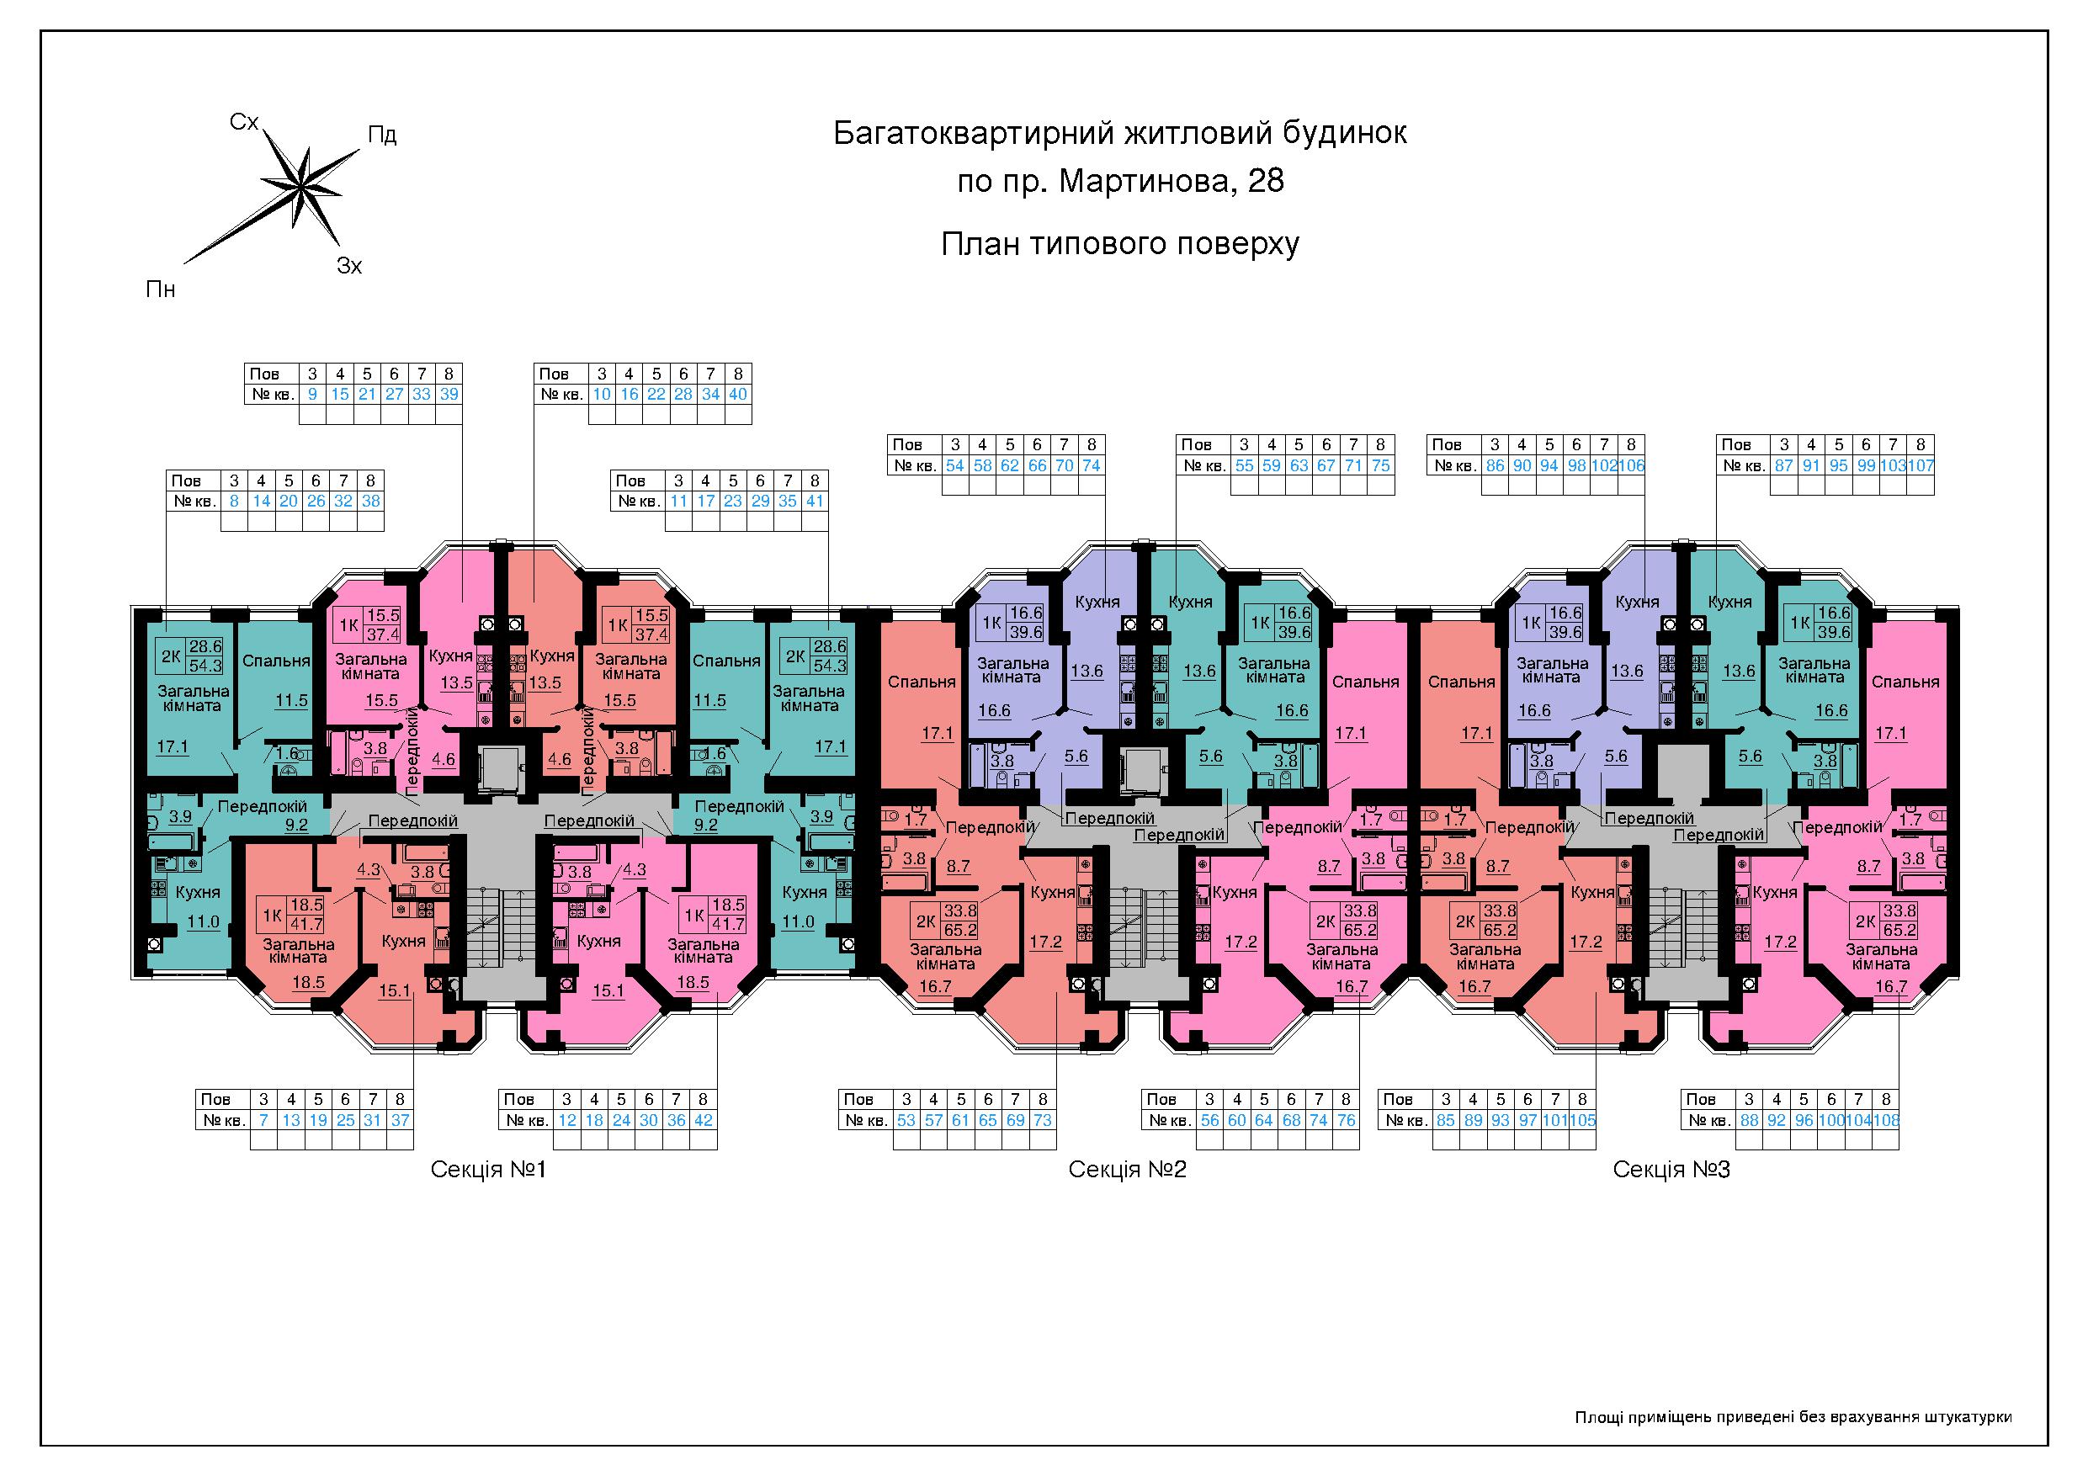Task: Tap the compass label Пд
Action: tap(382, 135)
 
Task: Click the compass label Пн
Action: tap(160, 289)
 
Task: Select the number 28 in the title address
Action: tap(1266, 181)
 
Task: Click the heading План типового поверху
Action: tap(1119, 244)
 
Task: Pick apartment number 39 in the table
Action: tap(449, 394)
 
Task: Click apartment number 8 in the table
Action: tap(235, 500)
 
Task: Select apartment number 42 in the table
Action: tap(703, 1119)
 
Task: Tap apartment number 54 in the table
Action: tap(955, 465)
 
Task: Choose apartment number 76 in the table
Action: tap(1346, 1119)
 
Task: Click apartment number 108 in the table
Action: tap(1886, 1119)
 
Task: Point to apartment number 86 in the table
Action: tap(1494, 465)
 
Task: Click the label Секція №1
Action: tap(488, 1169)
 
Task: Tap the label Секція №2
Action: tap(1128, 1169)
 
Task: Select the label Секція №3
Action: tap(1671, 1169)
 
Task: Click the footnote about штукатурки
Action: tap(1793, 1416)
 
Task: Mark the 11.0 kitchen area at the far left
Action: tap(203, 921)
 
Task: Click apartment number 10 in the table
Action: tap(601, 394)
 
